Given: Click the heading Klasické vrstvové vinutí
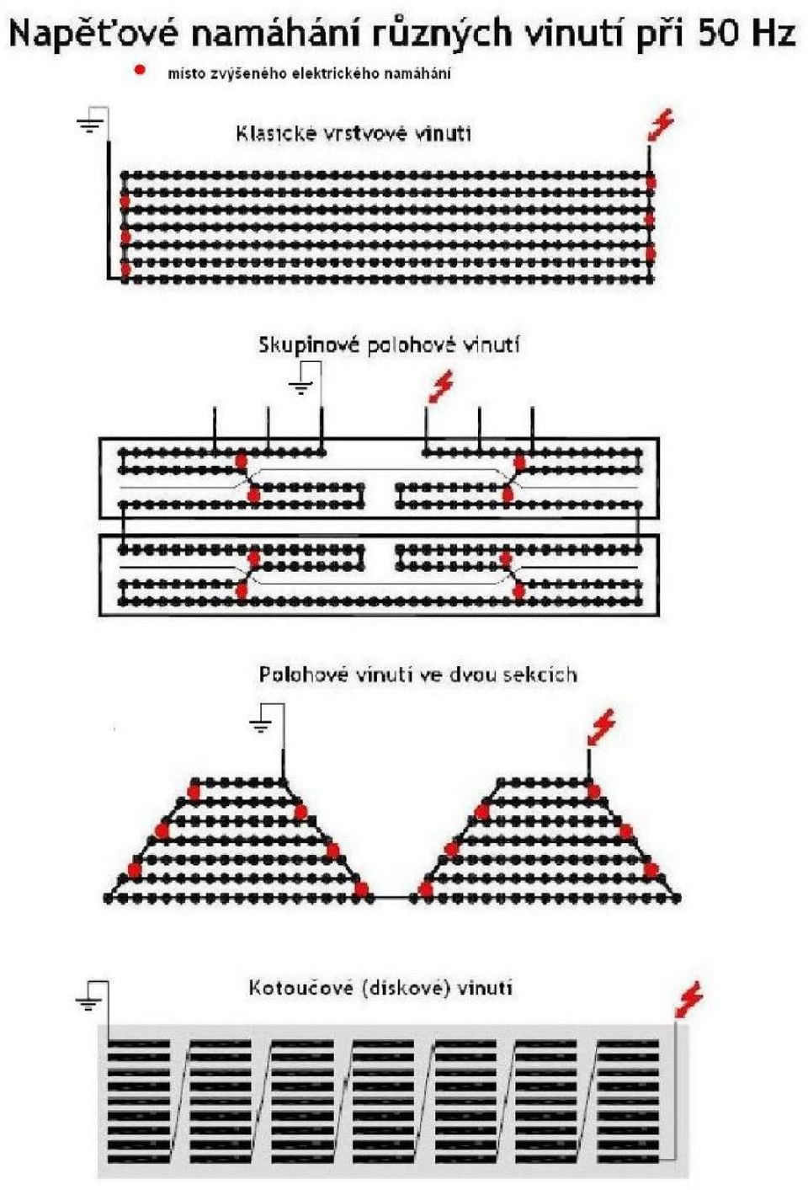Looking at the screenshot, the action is point(353,133).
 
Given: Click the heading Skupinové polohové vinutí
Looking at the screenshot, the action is point(389,345).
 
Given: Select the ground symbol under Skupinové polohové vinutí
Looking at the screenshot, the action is point(301,387).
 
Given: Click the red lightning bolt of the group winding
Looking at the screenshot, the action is point(440,386).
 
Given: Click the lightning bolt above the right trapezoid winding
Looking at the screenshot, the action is point(602,728).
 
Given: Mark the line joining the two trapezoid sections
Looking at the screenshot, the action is point(391,897).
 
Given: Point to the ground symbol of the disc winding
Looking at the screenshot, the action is point(89,1001).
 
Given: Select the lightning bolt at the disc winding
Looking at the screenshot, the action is point(689,1000).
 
